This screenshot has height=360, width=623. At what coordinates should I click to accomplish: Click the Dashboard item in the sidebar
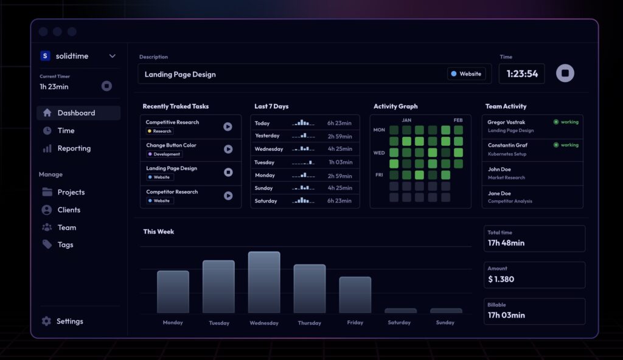point(77,113)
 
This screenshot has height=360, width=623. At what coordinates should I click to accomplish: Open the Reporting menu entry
point(74,148)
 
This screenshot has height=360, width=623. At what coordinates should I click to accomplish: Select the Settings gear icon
point(46,321)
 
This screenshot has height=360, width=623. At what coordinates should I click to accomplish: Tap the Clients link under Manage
point(69,210)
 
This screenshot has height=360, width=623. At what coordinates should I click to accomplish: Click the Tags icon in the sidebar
point(47,244)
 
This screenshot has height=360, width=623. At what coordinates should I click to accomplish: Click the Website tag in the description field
point(466,74)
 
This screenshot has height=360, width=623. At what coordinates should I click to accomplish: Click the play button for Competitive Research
point(228,126)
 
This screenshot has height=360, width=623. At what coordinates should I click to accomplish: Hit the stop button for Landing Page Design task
point(228,173)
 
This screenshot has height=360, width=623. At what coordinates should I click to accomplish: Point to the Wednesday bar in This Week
point(264,282)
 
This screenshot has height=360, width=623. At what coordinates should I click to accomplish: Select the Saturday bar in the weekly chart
point(400,311)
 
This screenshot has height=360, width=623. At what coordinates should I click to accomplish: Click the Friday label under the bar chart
point(355,322)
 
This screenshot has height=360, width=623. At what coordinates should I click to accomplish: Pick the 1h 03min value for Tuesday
point(339,162)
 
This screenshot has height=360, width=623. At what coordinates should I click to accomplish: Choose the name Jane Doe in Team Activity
point(499,193)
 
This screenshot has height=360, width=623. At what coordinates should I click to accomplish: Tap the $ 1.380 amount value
point(501,279)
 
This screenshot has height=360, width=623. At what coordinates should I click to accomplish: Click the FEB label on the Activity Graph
point(458,120)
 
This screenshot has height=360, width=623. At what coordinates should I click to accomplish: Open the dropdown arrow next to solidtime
point(113,56)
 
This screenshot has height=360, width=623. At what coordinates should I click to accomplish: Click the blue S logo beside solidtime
point(45,56)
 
